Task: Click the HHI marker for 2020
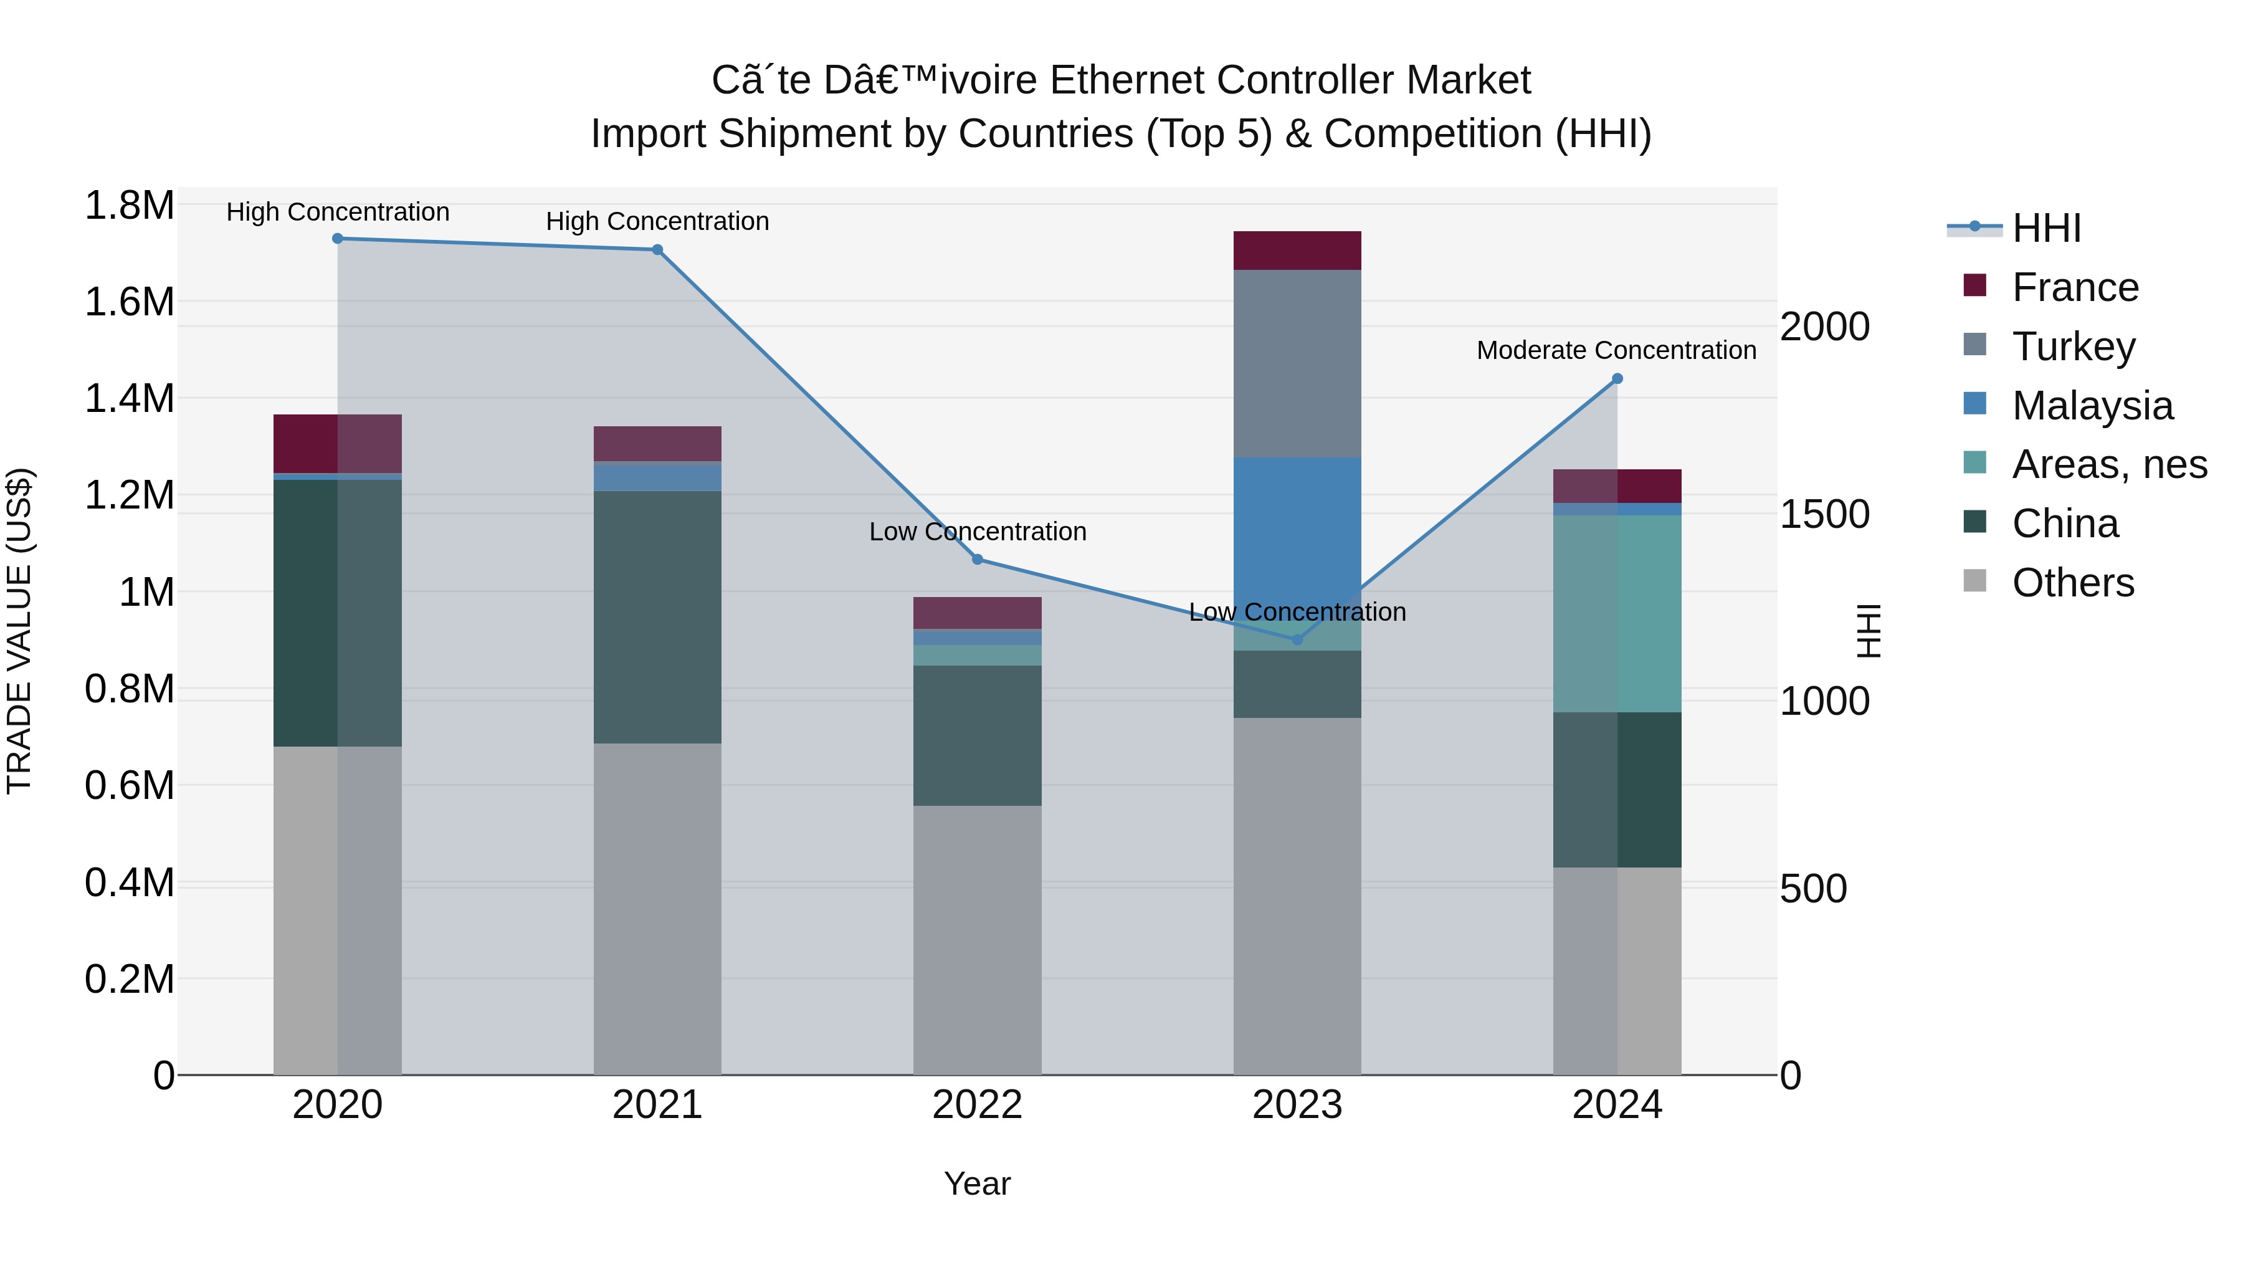338,239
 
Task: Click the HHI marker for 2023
1297,639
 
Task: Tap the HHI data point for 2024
1617,379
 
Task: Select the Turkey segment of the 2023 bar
1297,363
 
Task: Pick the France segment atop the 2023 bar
1297,251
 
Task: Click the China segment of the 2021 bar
657,616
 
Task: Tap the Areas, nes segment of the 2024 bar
1617,613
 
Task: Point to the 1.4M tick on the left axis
129,399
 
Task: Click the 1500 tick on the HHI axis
1824,514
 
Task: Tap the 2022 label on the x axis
977,1105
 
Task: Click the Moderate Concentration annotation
1616,350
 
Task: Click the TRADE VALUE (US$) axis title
19,631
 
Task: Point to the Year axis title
977,1183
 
